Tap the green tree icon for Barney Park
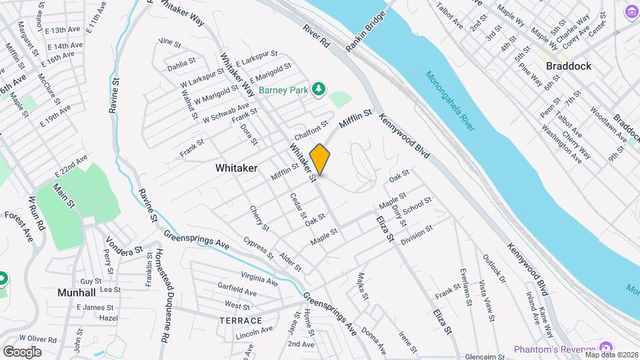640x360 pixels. click(x=320, y=89)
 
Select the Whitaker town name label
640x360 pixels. click(x=236, y=169)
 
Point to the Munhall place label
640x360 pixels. click(x=76, y=293)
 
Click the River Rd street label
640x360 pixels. click(x=316, y=36)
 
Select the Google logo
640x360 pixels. click(x=22, y=351)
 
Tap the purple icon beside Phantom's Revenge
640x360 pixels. click(x=606, y=348)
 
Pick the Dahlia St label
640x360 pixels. click(x=181, y=65)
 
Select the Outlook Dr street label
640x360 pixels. click(x=494, y=269)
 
